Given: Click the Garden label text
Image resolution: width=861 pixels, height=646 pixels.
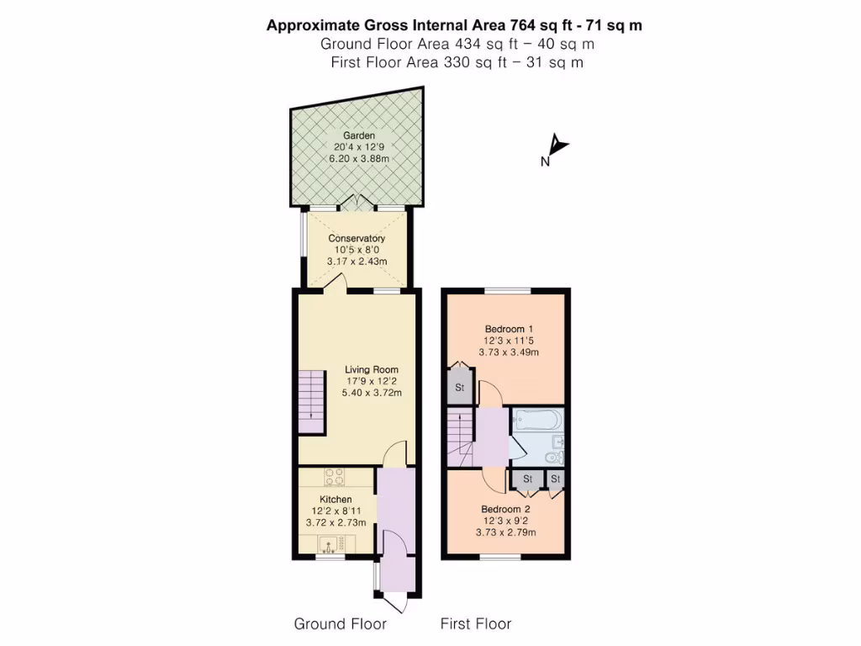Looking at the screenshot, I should [358, 135].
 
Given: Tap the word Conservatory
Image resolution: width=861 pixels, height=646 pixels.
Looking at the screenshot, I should [357, 239].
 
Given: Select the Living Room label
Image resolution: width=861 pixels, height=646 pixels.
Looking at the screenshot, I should [372, 369].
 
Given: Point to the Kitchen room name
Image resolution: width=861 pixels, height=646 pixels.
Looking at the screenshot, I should [336, 499].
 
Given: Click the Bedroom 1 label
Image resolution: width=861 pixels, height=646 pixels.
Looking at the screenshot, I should [509, 329].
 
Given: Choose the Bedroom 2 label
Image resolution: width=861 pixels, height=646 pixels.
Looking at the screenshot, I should [505, 509].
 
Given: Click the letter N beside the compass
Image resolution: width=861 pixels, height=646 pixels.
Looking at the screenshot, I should [545, 162].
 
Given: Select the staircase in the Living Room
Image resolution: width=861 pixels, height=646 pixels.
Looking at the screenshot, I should [310, 400].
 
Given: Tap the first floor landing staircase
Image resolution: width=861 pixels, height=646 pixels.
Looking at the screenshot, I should [461, 437].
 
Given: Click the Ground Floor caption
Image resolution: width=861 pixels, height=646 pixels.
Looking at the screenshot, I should [340, 623].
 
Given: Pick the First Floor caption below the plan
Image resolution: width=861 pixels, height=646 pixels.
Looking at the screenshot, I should [476, 623].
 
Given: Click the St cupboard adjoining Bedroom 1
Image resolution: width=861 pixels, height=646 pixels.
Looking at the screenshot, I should [460, 388].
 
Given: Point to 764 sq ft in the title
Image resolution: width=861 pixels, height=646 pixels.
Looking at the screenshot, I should [543, 25].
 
